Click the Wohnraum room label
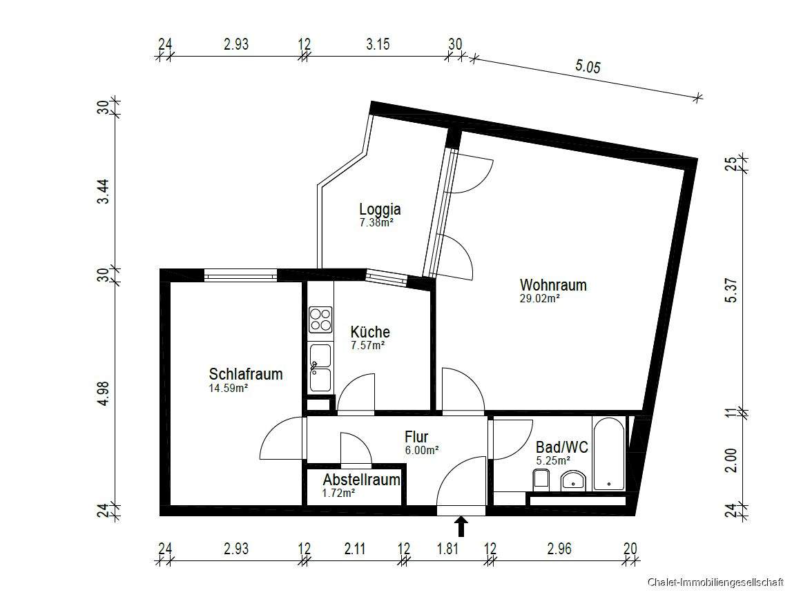click(x=553, y=285)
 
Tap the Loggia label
click(x=380, y=208)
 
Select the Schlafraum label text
click(x=246, y=374)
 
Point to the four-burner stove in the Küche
click(x=320, y=320)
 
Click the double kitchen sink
click(x=320, y=368)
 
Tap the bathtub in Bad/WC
click(x=608, y=453)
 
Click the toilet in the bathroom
click(x=541, y=480)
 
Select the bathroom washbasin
click(x=573, y=481)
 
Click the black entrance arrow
click(x=460, y=527)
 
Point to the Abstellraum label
click(x=362, y=479)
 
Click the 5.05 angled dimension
click(x=588, y=66)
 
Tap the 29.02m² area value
click(x=539, y=298)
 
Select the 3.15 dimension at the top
click(x=378, y=44)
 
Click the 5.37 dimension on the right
click(x=731, y=291)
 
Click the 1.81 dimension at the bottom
click(x=447, y=548)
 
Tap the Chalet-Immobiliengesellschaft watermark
click(x=715, y=583)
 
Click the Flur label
click(x=416, y=436)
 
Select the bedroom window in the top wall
click(x=241, y=275)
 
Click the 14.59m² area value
click(x=229, y=389)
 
